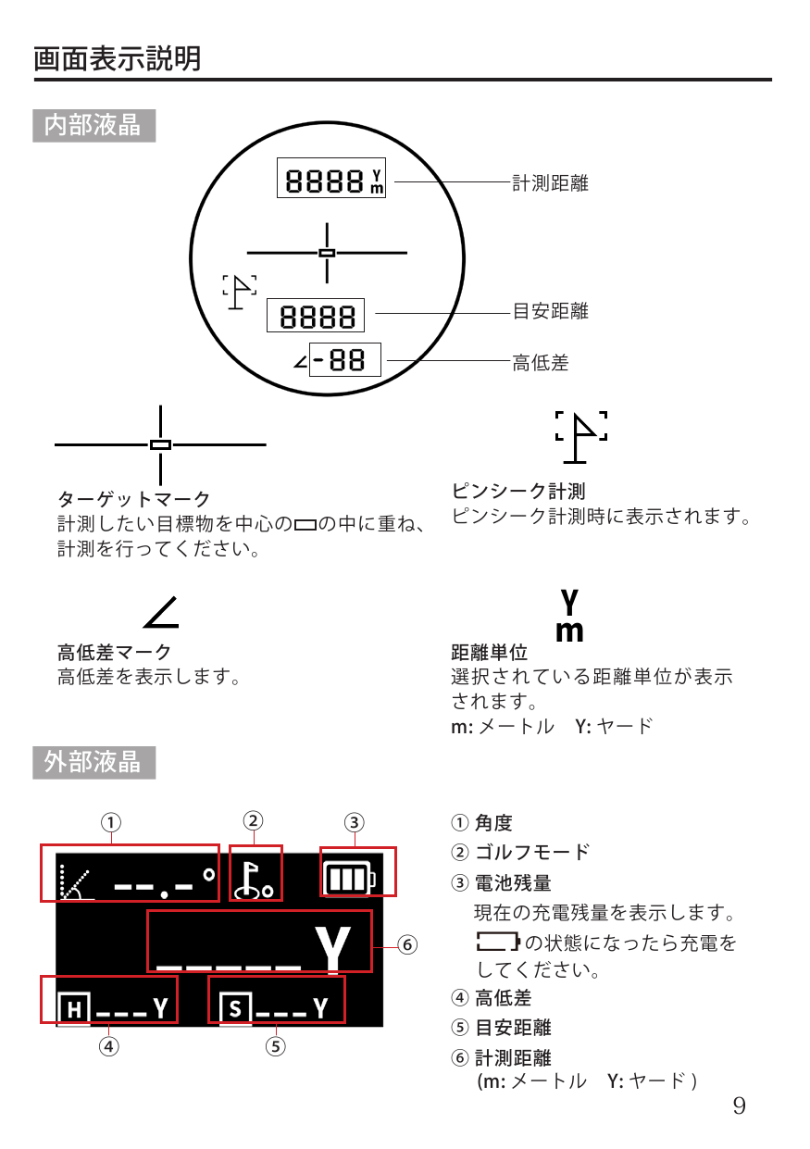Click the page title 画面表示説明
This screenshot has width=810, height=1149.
118,58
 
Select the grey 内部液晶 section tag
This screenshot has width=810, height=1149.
94,126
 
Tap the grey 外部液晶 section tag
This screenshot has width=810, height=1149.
94,763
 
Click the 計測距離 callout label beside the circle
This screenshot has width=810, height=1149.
551,183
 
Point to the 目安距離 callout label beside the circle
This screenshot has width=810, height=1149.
551,311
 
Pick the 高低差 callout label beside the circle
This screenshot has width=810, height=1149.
541,363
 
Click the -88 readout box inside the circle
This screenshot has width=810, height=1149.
345,359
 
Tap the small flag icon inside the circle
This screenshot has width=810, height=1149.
240,292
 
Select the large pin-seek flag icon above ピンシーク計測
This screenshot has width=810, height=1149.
581,438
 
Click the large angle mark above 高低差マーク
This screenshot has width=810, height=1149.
161,611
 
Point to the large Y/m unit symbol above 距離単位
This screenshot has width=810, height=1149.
569,616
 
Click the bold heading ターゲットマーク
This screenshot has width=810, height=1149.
134,499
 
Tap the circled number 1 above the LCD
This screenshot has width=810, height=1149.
111,823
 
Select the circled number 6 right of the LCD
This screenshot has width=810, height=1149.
407,944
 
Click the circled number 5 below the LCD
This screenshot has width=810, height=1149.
276,1046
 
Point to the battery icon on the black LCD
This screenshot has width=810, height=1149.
350,879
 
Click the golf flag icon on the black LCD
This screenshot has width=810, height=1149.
254,880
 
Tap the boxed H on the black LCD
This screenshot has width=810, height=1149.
74,1009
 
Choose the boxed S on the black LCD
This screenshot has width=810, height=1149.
235,1009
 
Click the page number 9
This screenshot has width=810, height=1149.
740,1105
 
